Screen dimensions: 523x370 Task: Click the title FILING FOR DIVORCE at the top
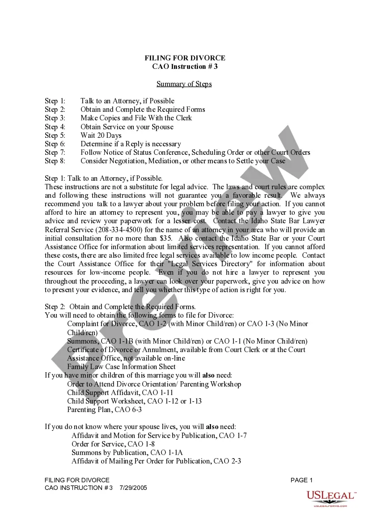click(x=185, y=58)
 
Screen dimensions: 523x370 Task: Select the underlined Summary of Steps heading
click(x=184, y=84)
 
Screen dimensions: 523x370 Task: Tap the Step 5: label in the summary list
click(x=55, y=136)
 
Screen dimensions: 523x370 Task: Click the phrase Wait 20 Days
click(x=101, y=136)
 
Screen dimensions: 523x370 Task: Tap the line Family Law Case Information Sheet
click(x=121, y=367)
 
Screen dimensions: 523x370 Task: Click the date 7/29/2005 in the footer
click(x=133, y=488)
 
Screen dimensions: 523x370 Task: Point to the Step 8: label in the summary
click(x=55, y=161)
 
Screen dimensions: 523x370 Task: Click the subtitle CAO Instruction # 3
click(x=185, y=67)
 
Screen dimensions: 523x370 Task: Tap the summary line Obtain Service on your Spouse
click(x=127, y=127)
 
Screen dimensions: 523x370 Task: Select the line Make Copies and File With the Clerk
click(x=136, y=118)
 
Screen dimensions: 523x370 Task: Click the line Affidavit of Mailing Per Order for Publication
click(x=156, y=461)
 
